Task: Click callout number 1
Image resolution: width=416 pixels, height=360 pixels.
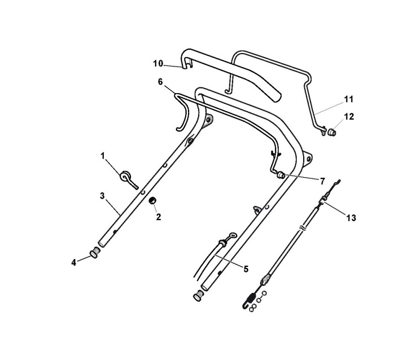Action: [x=103, y=155]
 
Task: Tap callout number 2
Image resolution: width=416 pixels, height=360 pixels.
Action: [x=159, y=217]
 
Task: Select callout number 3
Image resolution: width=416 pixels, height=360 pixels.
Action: [x=102, y=195]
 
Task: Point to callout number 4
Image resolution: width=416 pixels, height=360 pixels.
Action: [x=74, y=262]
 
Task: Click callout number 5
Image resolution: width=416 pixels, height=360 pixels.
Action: [x=246, y=269]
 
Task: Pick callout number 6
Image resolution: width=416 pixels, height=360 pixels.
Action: [x=160, y=81]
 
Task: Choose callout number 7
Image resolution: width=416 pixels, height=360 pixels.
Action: [x=322, y=181]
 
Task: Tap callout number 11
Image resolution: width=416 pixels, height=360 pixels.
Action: [x=349, y=99]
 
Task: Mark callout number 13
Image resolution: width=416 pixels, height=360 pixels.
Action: [x=351, y=217]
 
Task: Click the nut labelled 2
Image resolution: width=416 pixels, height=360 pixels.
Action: [x=152, y=201]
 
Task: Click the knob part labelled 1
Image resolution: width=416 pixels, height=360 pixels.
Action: [x=125, y=176]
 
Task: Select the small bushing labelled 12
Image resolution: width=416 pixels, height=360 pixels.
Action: [x=332, y=132]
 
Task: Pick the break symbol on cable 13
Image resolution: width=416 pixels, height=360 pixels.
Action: [x=305, y=229]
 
